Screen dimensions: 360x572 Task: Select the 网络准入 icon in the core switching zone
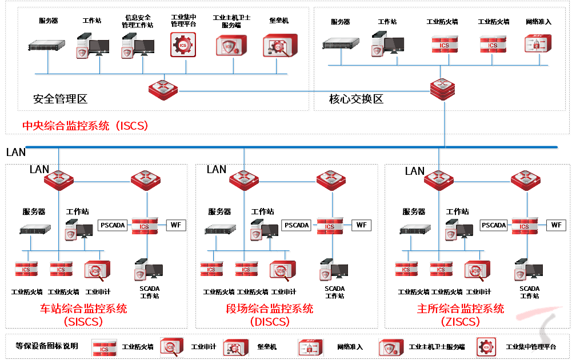[x=537, y=45]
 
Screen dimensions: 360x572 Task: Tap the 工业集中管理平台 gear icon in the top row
[x=183, y=45]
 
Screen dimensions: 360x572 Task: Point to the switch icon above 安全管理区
[x=163, y=88]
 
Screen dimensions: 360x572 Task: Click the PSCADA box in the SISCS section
[x=112, y=225]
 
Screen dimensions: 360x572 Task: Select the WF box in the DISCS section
[x=361, y=225]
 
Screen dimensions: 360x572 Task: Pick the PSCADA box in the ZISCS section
[x=494, y=225]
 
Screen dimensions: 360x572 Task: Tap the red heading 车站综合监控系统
[x=83, y=309]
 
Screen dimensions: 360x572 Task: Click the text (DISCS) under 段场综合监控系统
[x=270, y=322]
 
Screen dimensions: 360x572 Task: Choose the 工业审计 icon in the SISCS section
[x=97, y=270]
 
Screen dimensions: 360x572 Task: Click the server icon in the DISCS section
[x=221, y=230]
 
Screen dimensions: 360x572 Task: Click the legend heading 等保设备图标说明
[x=47, y=346]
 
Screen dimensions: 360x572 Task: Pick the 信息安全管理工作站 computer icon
[x=138, y=46]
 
